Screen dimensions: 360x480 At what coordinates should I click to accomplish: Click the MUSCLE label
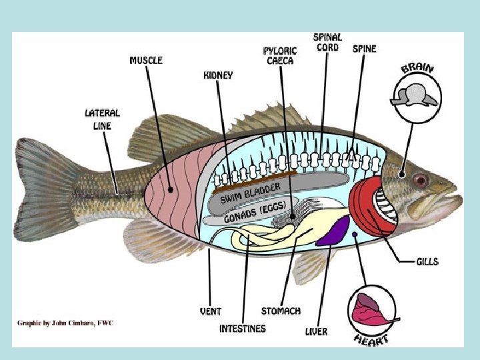tap(146, 60)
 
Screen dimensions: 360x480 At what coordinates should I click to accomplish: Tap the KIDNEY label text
tap(218, 75)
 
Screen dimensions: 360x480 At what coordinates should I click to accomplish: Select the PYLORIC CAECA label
tap(278, 55)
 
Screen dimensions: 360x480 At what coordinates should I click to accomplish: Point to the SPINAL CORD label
tap(327, 42)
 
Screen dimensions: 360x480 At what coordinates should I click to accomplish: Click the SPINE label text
tap(364, 49)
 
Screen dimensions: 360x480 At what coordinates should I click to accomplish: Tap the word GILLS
tap(427, 261)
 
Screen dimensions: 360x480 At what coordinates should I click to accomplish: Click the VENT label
tap(211, 311)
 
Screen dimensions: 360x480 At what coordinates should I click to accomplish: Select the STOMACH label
tap(281, 311)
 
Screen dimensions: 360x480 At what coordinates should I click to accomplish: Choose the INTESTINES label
tap(243, 329)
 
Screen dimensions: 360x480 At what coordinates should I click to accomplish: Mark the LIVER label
tap(316, 331)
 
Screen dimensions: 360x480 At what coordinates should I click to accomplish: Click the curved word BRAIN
tap(418, 68)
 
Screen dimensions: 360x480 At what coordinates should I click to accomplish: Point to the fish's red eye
tap(420, 179)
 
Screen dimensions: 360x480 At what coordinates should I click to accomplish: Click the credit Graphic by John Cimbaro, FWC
tap(65, 323)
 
